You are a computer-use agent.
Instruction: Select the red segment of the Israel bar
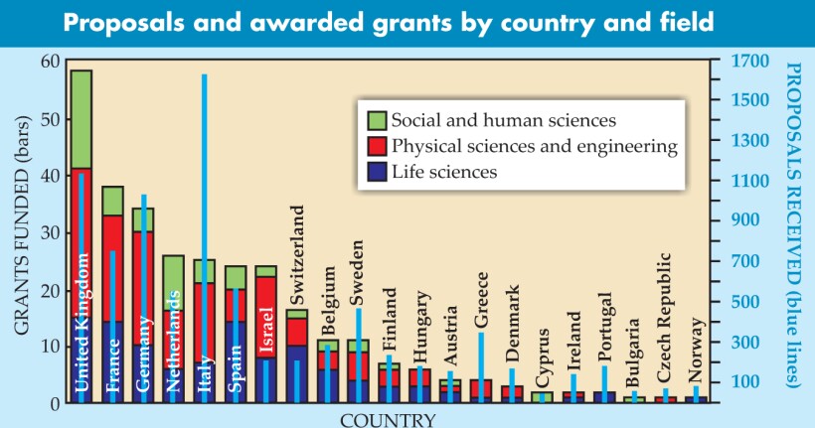point(265,298)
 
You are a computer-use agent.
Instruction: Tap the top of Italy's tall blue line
point(205,76)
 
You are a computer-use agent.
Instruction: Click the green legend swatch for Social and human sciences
point(377,120)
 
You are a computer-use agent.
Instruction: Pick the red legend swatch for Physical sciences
point(377,146)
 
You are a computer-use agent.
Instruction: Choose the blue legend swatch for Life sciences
point(377,172)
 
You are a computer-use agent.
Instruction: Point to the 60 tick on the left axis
point(51,62)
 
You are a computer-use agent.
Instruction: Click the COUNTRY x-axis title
point(388,419)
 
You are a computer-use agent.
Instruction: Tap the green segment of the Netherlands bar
point(173,282)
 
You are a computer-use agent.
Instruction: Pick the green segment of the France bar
point(112,201)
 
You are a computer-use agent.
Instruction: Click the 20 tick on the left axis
point(51,290)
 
